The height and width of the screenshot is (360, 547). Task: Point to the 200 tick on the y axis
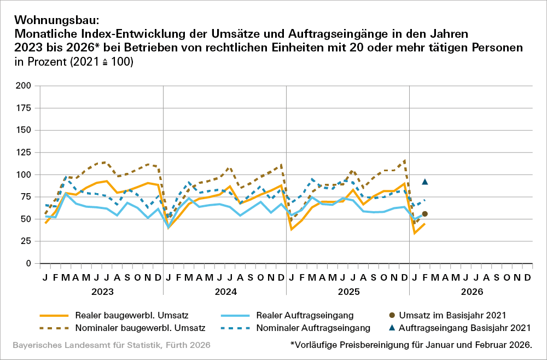(x=24, y=86)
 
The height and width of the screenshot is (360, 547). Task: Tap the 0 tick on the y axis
(x=28, y=264)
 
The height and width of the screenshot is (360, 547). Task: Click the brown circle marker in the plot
(x=424, y=214)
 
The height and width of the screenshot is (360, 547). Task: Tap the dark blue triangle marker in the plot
(x=424, y=182)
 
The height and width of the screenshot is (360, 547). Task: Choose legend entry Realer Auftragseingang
(x=299, y=315)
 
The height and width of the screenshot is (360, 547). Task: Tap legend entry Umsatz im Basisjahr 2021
(x=459, y=315)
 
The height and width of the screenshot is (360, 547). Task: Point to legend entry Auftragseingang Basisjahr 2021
(x=465, y=328)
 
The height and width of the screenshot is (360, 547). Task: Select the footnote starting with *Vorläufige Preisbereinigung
(x=411, y=345)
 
